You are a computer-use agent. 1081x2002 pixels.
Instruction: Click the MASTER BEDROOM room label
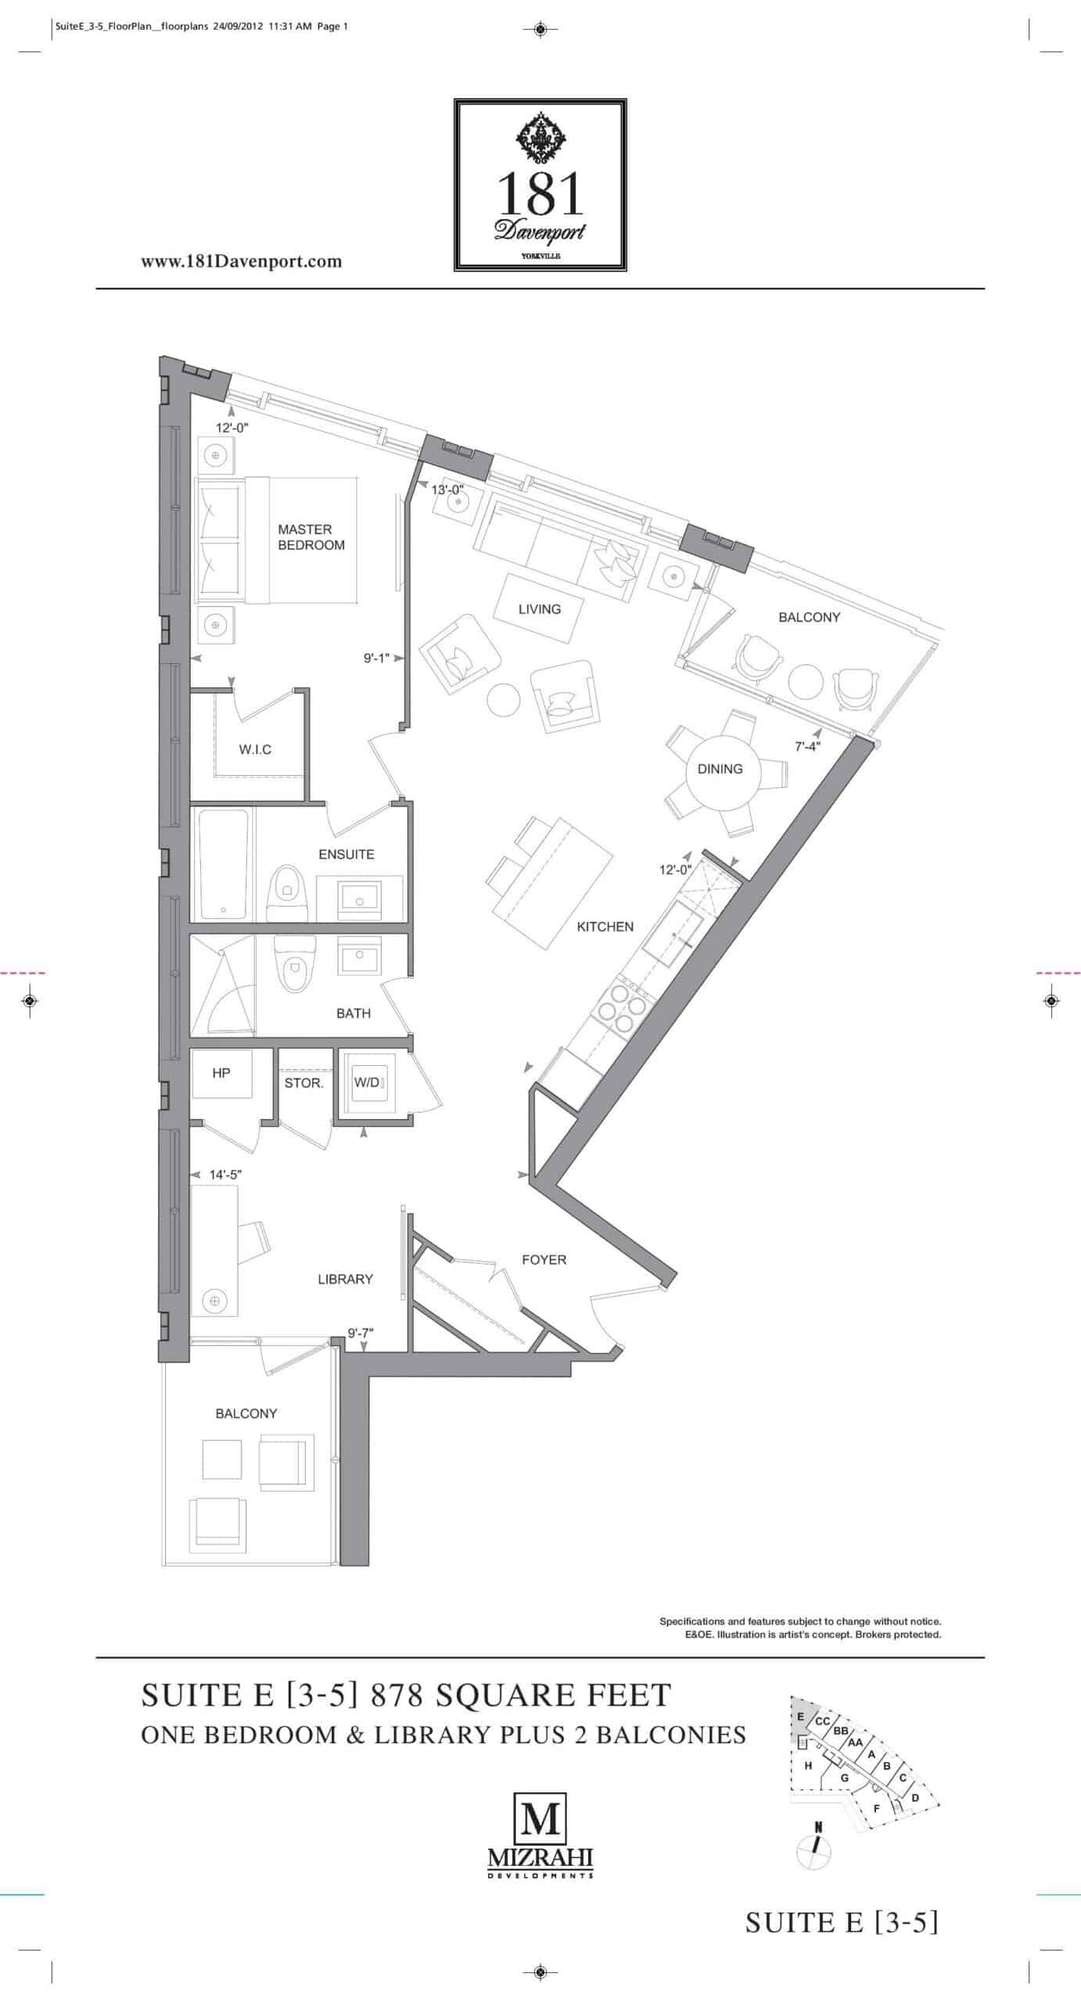tap(311, 537)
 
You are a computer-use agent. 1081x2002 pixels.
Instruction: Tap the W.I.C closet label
tap(255, 750)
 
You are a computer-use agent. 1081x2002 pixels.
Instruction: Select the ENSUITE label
tap(347, 854)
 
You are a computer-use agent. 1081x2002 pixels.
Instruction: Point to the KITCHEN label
tap(605, 927)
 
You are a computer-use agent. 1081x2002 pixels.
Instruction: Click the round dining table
tap(720, 770)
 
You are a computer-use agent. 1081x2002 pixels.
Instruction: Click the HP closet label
tap(221, 1073)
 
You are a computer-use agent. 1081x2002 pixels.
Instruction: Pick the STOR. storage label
tap(303, 1083)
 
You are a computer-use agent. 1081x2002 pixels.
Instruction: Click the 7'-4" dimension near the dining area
tap(807, 746)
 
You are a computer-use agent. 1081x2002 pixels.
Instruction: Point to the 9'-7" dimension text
tap(361, 1333)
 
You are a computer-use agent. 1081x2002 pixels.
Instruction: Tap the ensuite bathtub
tap(224, 864)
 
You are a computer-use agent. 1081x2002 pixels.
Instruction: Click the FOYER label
tap(544, 1260)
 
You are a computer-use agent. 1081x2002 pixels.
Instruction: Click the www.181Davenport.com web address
tap(241, 261)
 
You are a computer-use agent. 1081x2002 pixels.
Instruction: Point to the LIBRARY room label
tap(345, 1279)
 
